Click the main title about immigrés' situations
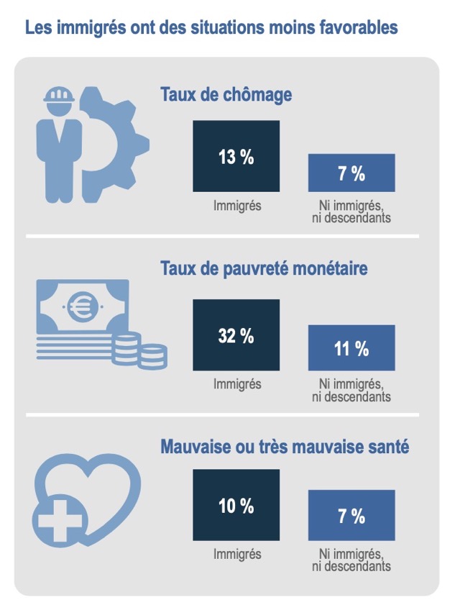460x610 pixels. coord(211,29)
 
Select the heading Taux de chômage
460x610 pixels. coord(226,95)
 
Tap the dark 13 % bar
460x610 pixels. coord(236,156)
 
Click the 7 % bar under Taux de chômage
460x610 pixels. coord(351,173)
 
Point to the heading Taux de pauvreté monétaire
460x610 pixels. coord(264,269)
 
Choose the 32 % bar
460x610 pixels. coord(236,335)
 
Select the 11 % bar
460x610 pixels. coord(351,348)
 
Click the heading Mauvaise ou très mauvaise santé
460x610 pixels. coord(285,447)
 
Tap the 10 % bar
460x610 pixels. coord(236,506)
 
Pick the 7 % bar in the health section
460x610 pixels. coord(351,515)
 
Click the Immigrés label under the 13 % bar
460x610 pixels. coord(236,206)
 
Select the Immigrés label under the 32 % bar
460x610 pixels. coord(236,384)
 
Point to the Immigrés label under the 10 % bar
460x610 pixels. coord(236,555)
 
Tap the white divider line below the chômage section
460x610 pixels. coord(222,236)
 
